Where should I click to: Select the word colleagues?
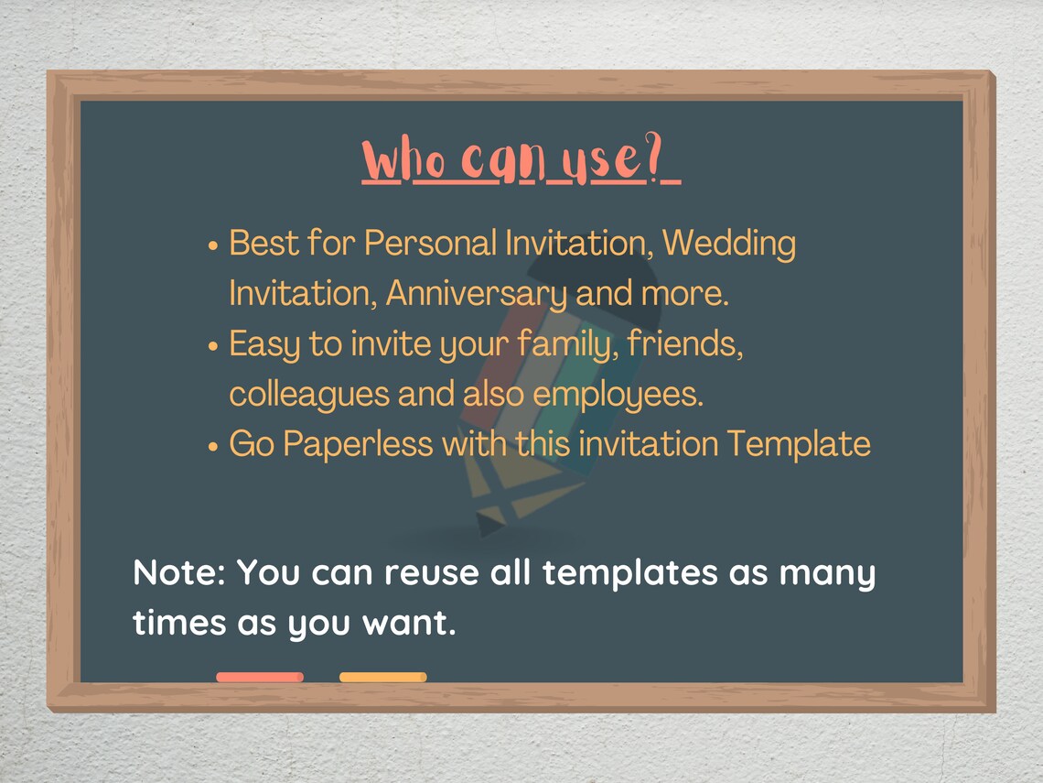pyautogui.click(x=308, y=395)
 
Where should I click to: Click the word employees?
pyautogui.click(x=618, y=395)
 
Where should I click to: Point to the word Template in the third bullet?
pyautogui.click(x=798, y=444)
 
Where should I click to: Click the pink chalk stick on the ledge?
pyautogui.click(x=260, y=677)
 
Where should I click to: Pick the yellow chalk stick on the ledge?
pyautogui.click(x=382, y=677)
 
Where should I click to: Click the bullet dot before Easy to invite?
pyautogui.click(x=213, y=348)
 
